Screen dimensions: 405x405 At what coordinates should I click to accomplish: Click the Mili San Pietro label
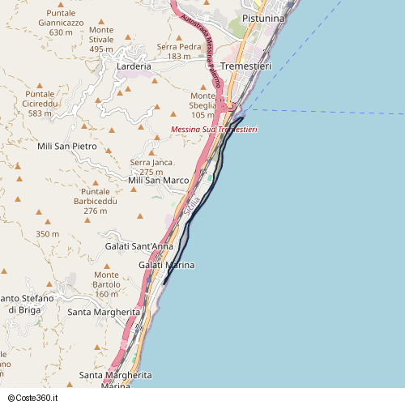click(67, 147)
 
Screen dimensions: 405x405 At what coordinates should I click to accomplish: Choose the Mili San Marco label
click(159, 180)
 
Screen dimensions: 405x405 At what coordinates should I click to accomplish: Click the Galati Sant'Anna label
click(140, 245)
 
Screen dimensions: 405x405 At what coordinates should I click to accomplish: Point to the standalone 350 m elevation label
click(47, 234)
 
